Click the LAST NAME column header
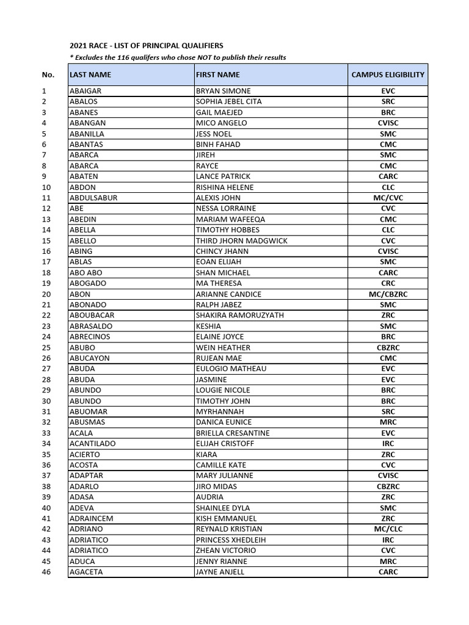[90, 74]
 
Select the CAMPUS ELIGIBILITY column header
[388, 74]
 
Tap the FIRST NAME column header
[218, 74]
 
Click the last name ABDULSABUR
[93, 198]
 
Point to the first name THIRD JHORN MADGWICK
[241, 240]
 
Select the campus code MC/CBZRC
[388, 294]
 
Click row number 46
[46, 572]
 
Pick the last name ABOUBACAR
[92, 316]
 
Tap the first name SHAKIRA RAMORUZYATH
[239, 316]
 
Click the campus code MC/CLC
[388, 529]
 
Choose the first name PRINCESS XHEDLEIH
[230, 540]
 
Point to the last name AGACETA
[87, 572]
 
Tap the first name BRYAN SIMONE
[223, 91]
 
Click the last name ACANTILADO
[93, 444]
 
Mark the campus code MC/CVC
[388, 198]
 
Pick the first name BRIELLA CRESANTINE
[233, 433]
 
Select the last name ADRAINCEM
[92, 519]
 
